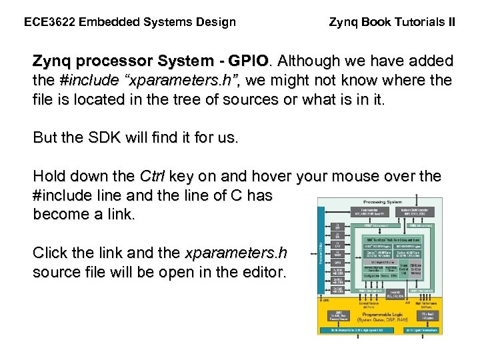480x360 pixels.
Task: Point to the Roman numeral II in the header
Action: (x=452, y=22)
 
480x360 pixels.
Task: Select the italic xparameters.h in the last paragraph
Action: (x=235, y=253)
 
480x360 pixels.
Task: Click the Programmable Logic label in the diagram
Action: (x=381, y=314)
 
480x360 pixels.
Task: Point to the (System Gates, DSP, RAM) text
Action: (x=381, y=321)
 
